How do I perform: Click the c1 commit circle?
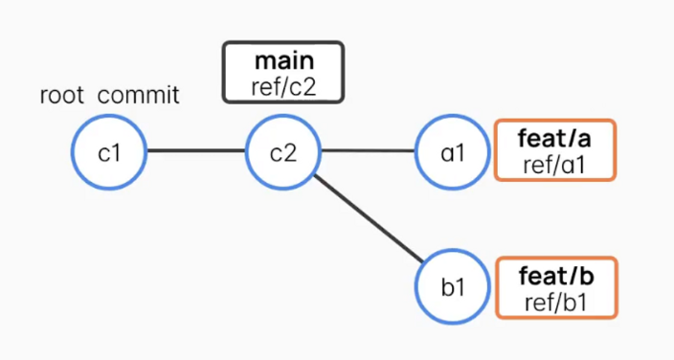click(x=110, y=151)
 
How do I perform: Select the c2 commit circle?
click(x=283, y=151)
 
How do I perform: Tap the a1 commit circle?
click(x=453, y=151)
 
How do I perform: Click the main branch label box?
click(x=282, y=72)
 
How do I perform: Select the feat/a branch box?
click(x=554, y=150)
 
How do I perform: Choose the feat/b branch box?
click(x=555, y=287)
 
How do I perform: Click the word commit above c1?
click(x=139, y=96)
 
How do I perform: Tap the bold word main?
click(x=282, y=60)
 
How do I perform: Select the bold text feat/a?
click(x=554, y=139)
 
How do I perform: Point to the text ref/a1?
click(x=554, y=163)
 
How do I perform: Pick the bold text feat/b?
click(x=555, y=276)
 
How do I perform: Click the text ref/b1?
click(x=555, y=301)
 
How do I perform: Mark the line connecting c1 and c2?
click(x=196, y=151)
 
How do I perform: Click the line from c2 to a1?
click(x=369, y=151)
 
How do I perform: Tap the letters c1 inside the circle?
click(x=110, y=151)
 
